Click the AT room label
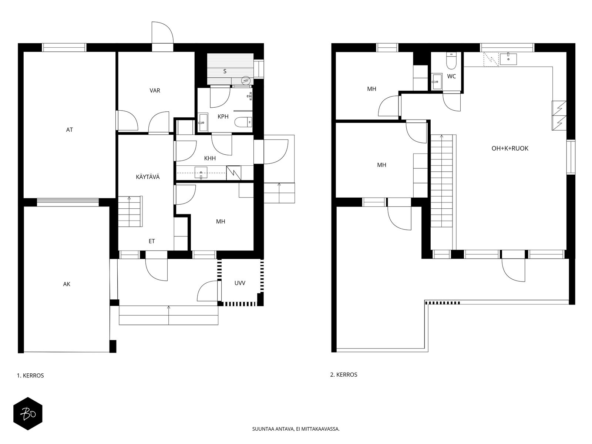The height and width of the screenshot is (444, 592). (69, 129)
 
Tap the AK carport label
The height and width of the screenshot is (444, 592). (67, 284)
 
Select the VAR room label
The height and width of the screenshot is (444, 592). (155, 90)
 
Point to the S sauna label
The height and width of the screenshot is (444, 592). (225, 71)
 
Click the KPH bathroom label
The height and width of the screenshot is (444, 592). (223, 117)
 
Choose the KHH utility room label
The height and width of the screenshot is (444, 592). (210, 158)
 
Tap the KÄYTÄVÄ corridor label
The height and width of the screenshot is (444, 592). (148, 177)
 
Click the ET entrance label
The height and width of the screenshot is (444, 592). (152, 241)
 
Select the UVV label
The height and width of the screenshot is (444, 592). (240, 283)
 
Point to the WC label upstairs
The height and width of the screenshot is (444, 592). (451, 76)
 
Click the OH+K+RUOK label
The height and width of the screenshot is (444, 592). (510, 148)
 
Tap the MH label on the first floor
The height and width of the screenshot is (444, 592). (221, 221)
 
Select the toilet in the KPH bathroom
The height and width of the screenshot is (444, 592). (243, 122)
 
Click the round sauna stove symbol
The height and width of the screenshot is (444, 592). (246, 80)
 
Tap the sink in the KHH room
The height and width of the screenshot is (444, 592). (201, 173)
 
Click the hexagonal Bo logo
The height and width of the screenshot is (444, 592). (28, 414)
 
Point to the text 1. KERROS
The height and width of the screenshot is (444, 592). (30, 376)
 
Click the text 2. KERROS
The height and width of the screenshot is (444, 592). (344, 375)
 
